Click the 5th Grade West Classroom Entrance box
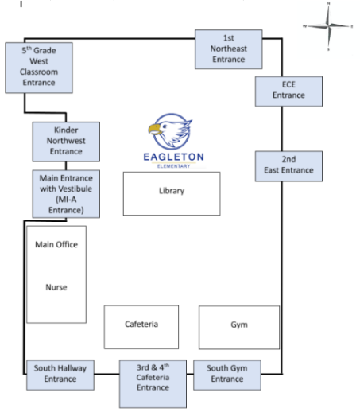[x=39, y=68]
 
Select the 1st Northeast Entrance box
[x=229, y=49]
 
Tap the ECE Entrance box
[x=288, y=91]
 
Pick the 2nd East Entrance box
[x=288, y=166]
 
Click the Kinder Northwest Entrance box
[x=66, y=142]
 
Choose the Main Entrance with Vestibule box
[x=66, y=194]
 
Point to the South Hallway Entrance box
[x=60, y=375]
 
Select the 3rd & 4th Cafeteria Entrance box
[x=153, y=383]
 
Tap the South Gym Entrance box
[x=227, y=375]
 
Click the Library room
[x=172, y=193]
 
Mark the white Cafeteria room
[x=141, y=327]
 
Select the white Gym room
[x=239, y=327]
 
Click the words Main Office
[x=56, y=244]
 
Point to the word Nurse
[x=56, y=287]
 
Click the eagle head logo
[x=170, y=131]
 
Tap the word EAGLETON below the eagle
[x=173, y=157]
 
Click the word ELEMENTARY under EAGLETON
[x=173, y=166]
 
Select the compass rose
[x=328, y=26]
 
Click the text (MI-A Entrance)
[x=66, y=204]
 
